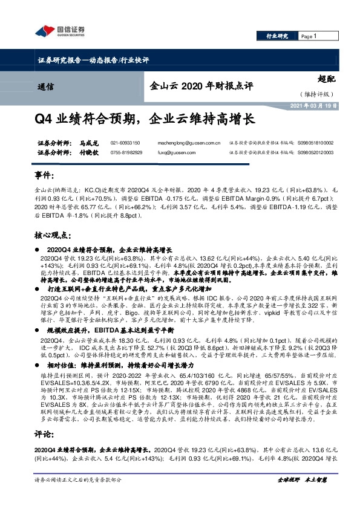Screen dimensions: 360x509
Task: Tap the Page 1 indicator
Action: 308,36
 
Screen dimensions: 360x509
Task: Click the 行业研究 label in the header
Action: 278,36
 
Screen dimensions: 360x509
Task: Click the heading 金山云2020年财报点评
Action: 199,86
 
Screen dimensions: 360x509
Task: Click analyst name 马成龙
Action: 88,143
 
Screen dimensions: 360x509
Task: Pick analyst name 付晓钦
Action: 88,153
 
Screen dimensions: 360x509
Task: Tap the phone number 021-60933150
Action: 125,143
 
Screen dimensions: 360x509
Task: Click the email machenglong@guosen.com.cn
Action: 189,143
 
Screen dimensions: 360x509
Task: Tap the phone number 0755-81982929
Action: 126,153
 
